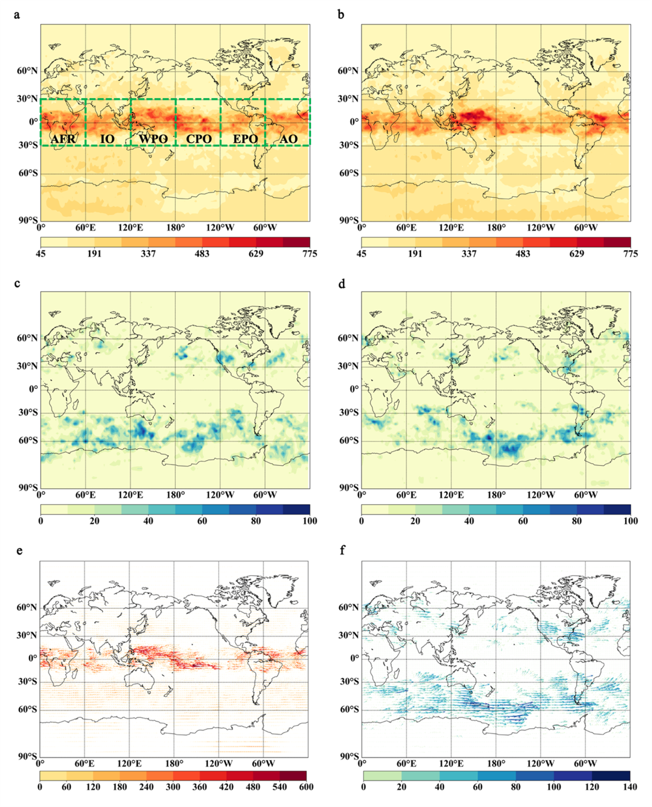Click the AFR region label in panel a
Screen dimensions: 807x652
(x=63, y=139)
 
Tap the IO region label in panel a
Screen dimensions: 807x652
(x=108, y=139)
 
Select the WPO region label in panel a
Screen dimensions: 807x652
(x=153, y=139)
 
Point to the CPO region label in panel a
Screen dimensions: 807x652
(x=199, y=139)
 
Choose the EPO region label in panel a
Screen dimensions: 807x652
(x=245, y=139)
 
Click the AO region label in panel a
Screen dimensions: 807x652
(x=289, y=139)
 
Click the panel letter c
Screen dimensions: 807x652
(x=17, y=282)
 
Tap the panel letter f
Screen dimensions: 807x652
(x=343, y=550)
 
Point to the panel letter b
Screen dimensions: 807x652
(x=341, y=15)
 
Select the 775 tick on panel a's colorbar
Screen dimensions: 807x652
(x=310, y=254)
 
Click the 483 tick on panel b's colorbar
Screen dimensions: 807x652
(x=522, y=254)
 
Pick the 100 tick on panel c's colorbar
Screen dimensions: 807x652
(x=310, y=521)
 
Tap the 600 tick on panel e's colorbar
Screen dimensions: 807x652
(x=306, y=787)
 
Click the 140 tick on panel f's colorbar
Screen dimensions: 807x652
(x=630, y=787)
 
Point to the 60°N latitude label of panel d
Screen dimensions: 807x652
(x=348, y=338)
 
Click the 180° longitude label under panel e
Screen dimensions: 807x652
(x=174, y=763)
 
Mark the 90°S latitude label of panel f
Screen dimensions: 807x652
(x=348, y=757)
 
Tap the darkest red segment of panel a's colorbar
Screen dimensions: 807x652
(x=296, y=242)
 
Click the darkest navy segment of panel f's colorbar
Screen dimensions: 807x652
(x=611, y=776)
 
